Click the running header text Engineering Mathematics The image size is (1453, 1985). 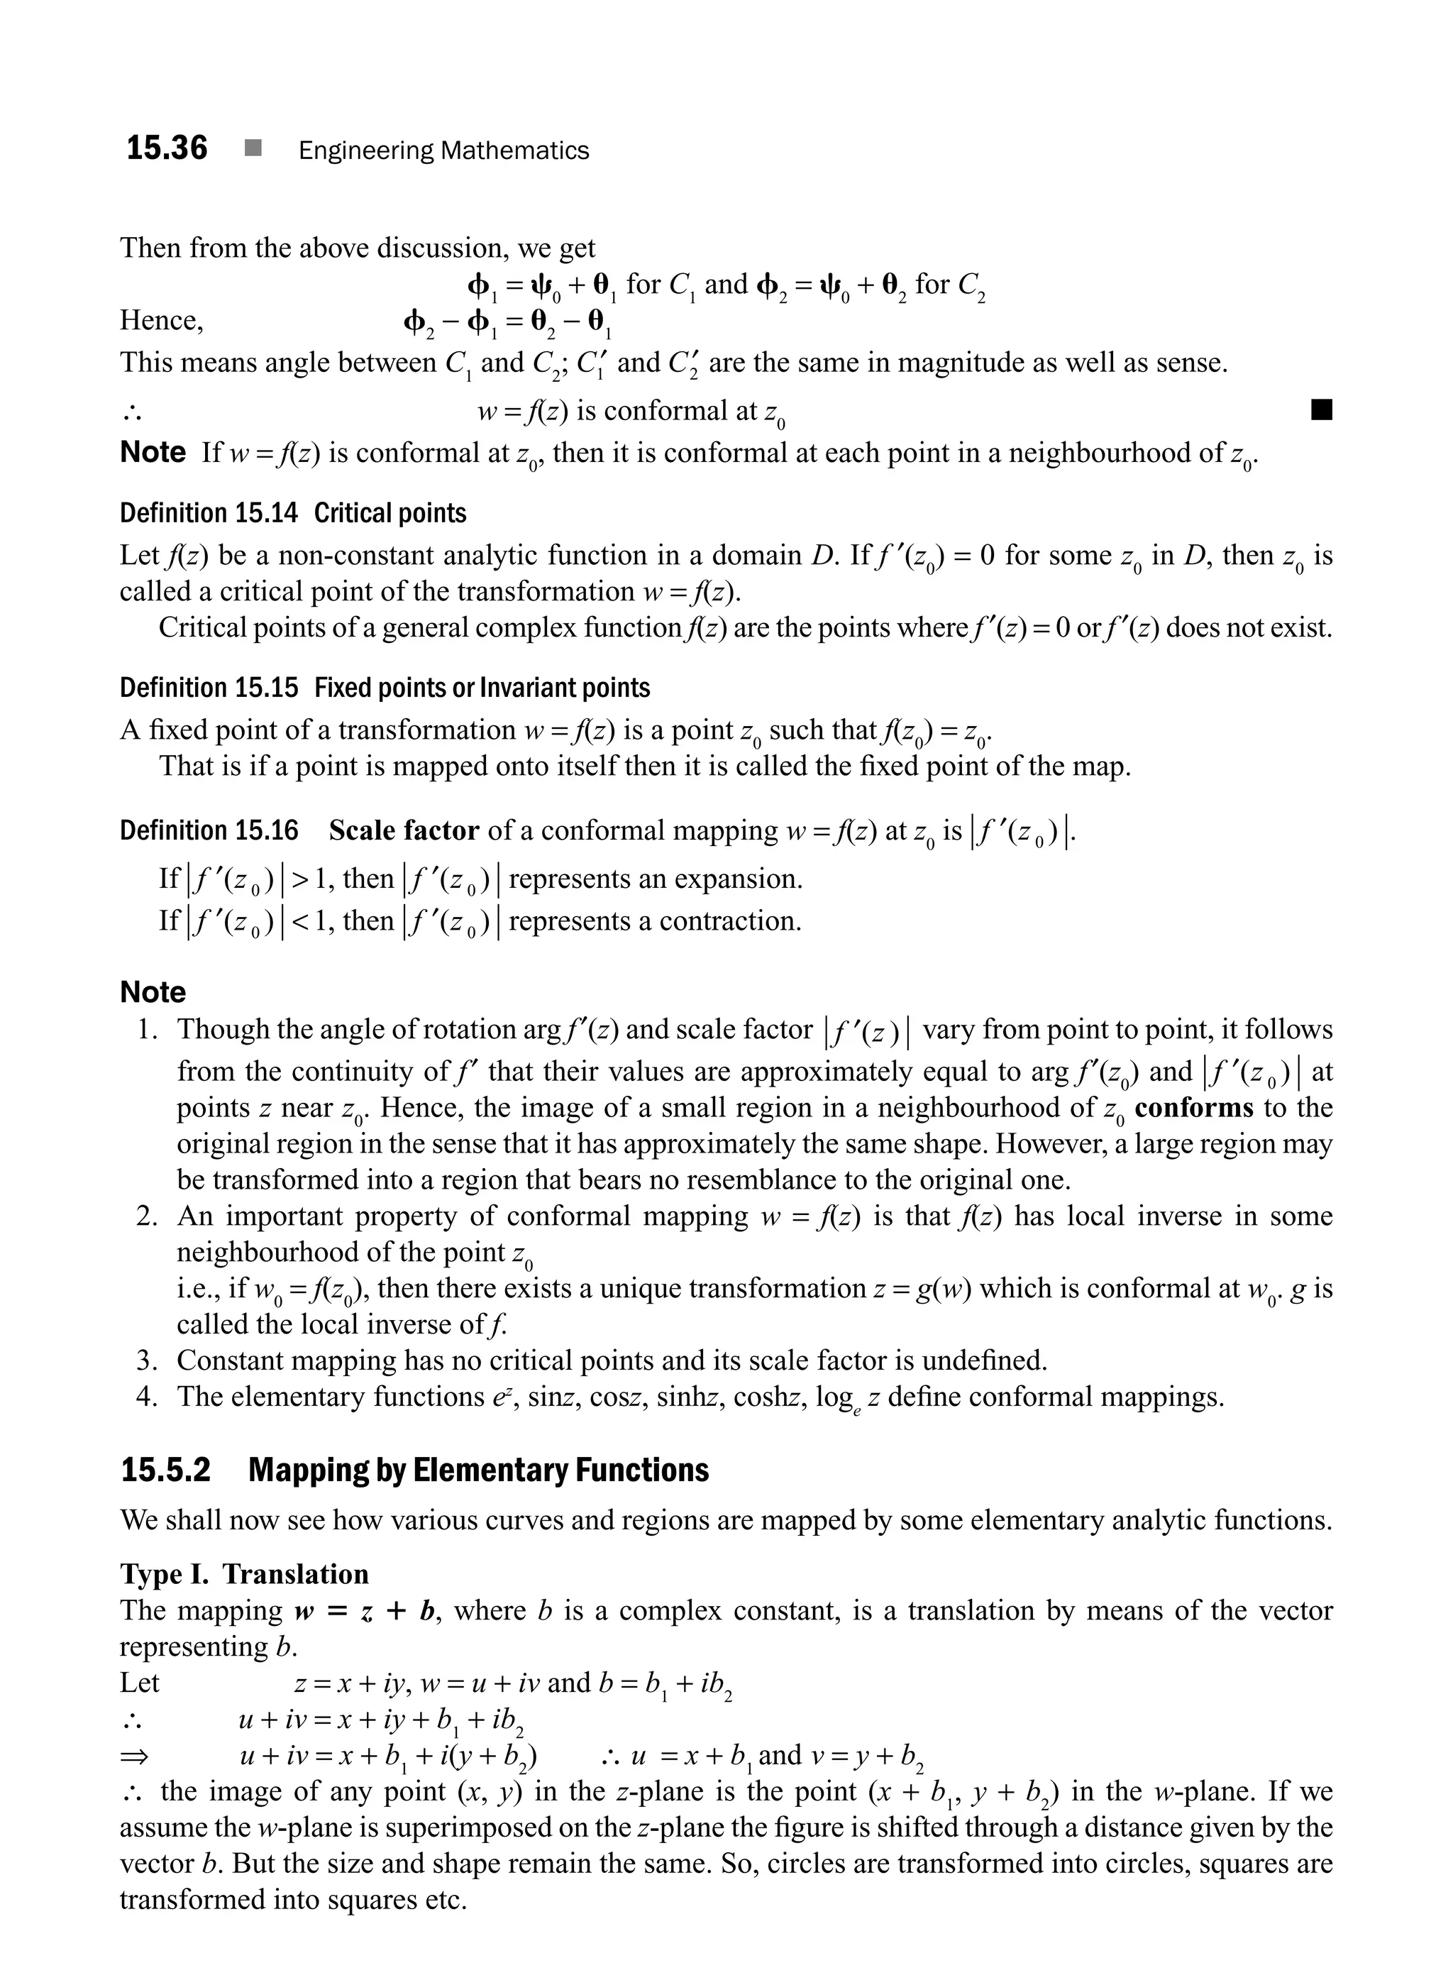[x=443, y=150]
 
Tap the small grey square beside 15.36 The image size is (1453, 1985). [x=253, y=149]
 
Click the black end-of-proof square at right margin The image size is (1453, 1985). [x=1321, y=410]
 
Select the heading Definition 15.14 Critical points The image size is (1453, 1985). [x=293, y=513]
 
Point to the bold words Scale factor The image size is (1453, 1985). [x=404, y=830]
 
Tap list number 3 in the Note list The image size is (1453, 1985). [x=146, y=1360]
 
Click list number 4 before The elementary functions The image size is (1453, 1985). [x=146, y=1397]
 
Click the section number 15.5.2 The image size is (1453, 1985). [x=166, y=1470]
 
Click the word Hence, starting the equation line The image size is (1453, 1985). [x=162, y=319]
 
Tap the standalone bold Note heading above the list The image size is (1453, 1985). [x=153, y=991]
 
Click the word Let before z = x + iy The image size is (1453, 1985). [x=139, y=1683]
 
